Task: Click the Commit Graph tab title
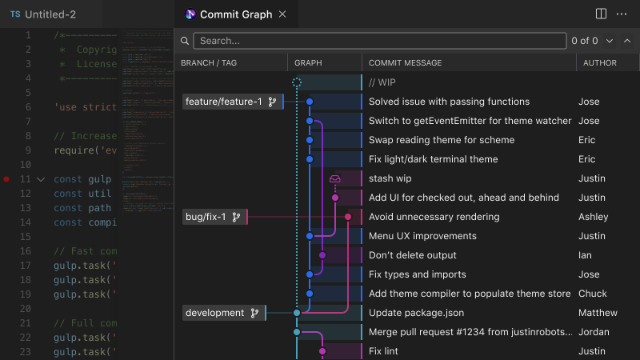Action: pyautogui.click(x=235, y=14)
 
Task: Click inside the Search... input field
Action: pyautogui.click(x=376, y=40)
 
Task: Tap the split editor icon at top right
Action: pyautogui.click(x=602, y=14)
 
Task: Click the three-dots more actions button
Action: pyautogui.click(x=622, y=14)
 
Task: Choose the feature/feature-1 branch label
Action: pyautogui.click(x=223, y=102)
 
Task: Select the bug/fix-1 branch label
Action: pyautogui.click(x=206, y=217)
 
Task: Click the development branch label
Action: pyautogui.click(x=214, y=313)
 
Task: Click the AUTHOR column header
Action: pyautogui.click(x=599, y=63)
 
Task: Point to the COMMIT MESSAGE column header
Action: pyautogui.click(x=405, y=63)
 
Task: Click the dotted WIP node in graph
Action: pyautogui.click(x=297, y=82)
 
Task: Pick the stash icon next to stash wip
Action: pyautogui.click(x=335, y=179)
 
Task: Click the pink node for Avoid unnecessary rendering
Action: pyautogui.click(x=348, y=217)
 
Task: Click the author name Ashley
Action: pyautogui.click(x=593, y=217)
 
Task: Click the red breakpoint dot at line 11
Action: pyautogui.click(x=7, y=179)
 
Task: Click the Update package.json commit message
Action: pyautogui.click(x=416, y=313)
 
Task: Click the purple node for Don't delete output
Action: pyautogui.click(x=322, y=255)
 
